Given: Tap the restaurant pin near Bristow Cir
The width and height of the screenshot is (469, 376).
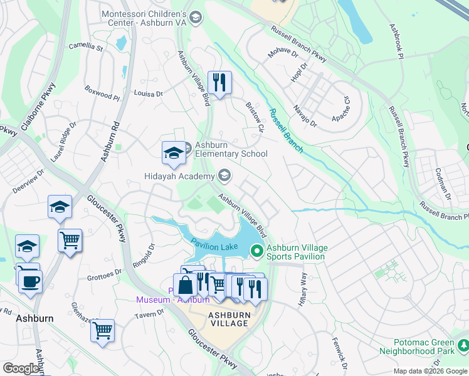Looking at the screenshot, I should [x=219, y=83].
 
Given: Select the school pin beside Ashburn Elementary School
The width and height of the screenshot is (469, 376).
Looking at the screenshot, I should [x=174, y=154].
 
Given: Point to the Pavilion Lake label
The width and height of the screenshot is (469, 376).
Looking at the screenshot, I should [x=214, y=246].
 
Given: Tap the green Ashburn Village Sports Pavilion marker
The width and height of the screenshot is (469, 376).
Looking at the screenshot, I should [x=256, y=251].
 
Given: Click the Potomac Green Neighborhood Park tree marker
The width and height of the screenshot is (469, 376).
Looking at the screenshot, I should [x=463, y=345].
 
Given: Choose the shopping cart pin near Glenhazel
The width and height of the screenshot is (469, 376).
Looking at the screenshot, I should [x=103, y=330].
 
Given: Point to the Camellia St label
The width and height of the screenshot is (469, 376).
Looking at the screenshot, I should [x=86, y=46].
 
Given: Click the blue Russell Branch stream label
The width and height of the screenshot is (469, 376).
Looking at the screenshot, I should [x=286, y=131].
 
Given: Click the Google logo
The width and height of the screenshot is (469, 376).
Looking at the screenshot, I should [x=21, y=368].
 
